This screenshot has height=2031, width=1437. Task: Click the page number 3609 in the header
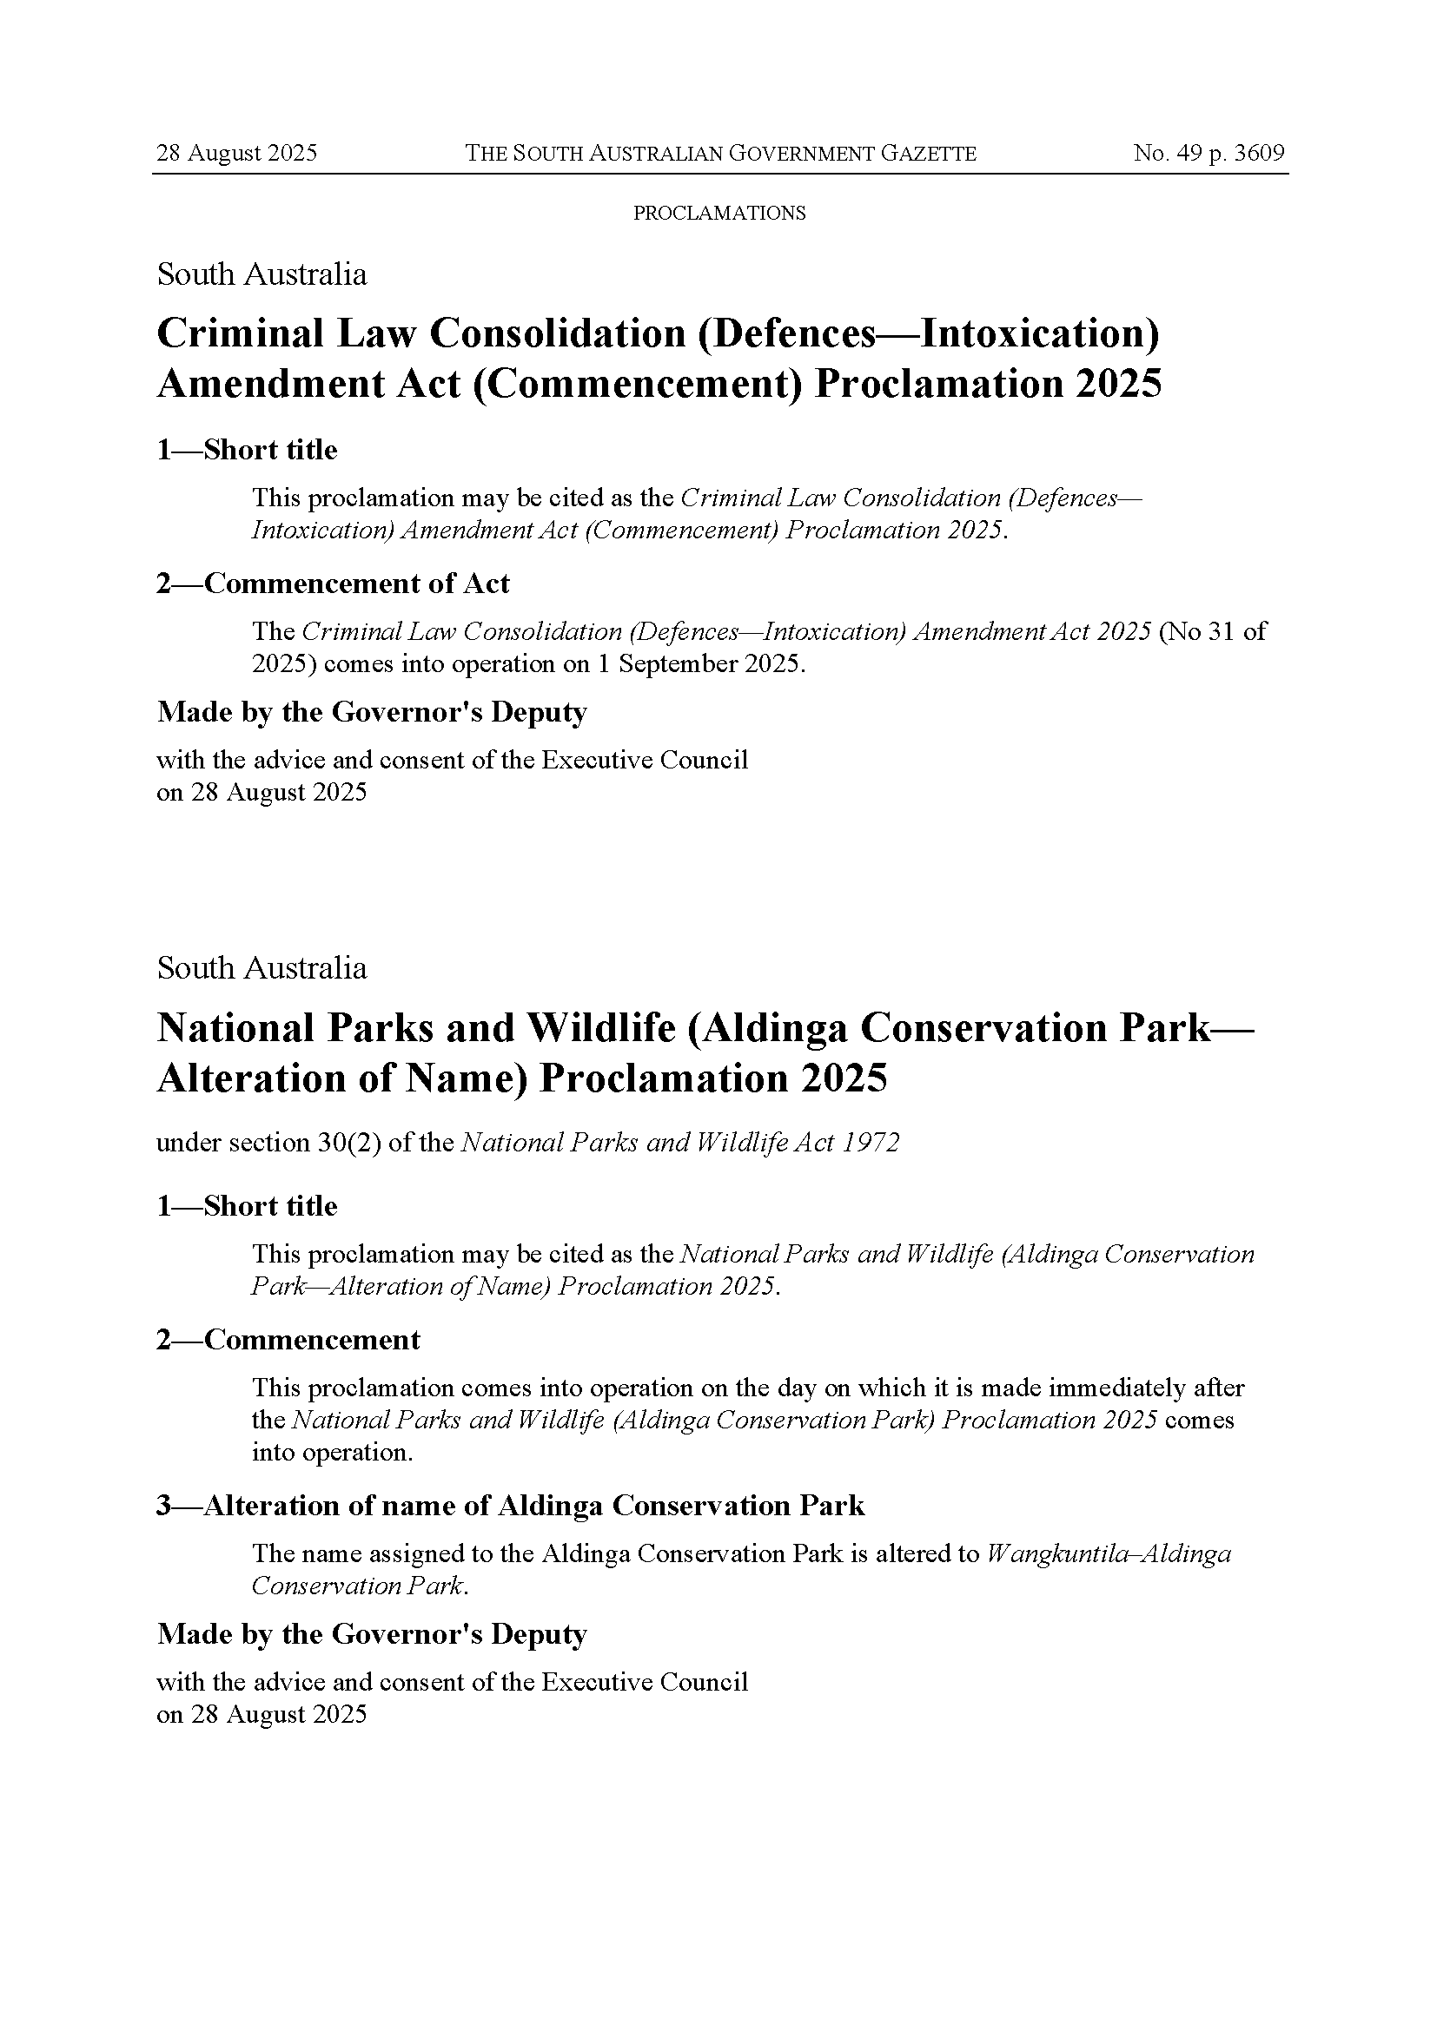1259,153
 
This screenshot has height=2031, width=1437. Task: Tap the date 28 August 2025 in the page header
236,153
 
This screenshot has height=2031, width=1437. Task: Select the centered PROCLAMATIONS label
719,214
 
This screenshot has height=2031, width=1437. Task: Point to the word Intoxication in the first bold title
1039,333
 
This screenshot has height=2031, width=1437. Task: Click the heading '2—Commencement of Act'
333,584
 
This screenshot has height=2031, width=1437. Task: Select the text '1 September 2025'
700,663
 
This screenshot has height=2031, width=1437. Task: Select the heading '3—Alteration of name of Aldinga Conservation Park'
511,1506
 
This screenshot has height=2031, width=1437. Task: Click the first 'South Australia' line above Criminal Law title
262,274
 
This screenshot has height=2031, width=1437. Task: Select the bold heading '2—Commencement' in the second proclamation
288,1340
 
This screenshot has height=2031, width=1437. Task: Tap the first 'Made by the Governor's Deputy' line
372,712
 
